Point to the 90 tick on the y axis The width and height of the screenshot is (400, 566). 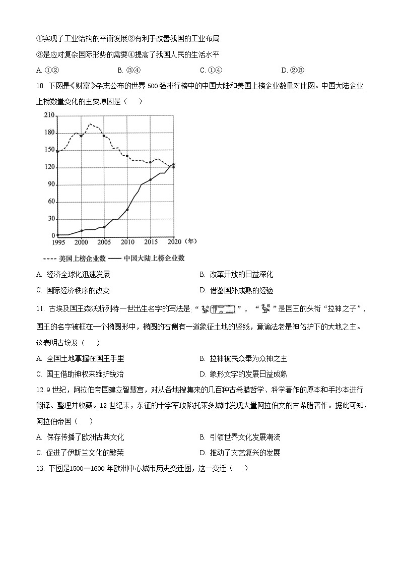tap(50, 184)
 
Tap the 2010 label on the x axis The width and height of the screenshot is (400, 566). tap(127, 242)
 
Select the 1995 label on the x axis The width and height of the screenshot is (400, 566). tap(57, 242)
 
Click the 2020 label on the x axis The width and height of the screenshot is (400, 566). tap(174, 242)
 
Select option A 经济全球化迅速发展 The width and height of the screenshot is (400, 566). tap(73, 275)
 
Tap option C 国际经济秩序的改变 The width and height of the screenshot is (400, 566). tap(73, 290)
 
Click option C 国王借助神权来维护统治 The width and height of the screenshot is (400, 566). tap(80, 374)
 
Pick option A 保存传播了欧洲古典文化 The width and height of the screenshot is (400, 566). tap(80, 437)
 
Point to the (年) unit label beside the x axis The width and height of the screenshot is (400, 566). tap(190, 241)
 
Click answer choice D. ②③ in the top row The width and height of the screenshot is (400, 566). tap(293, 70)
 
